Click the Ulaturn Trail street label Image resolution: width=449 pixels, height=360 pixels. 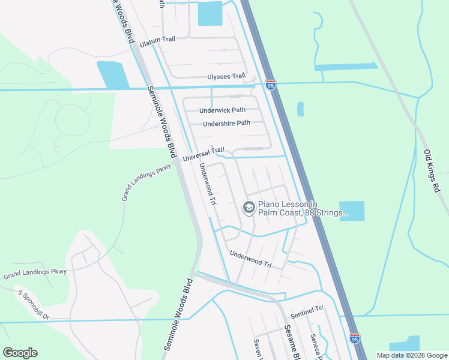click(x=157, y=40)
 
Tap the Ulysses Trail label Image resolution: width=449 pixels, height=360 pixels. click(x=226, y=77)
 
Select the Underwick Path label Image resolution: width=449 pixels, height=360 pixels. click(x=222, y=110)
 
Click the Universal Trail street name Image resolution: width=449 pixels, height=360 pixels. click(x=203, y=155)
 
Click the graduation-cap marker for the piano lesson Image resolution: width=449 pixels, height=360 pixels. click(x=248, y=208)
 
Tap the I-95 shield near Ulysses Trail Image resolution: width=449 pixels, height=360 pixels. click(x=271, y=85)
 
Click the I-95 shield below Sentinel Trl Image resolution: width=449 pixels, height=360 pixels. click(x=354, y=339)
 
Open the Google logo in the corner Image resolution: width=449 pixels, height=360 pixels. click(x=20, y=353)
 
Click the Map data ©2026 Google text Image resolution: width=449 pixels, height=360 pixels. click(x=412, y=355)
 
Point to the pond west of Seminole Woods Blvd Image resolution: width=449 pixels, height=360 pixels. click(x=112, y=75)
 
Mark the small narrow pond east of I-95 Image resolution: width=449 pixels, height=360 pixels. click(x=300, y=109)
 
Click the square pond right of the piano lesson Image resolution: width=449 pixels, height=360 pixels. click(x=352, y=211)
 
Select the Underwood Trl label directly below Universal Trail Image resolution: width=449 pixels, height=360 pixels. click(x=207, y=184)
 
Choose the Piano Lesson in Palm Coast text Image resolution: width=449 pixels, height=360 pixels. click(x=303, y=208)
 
